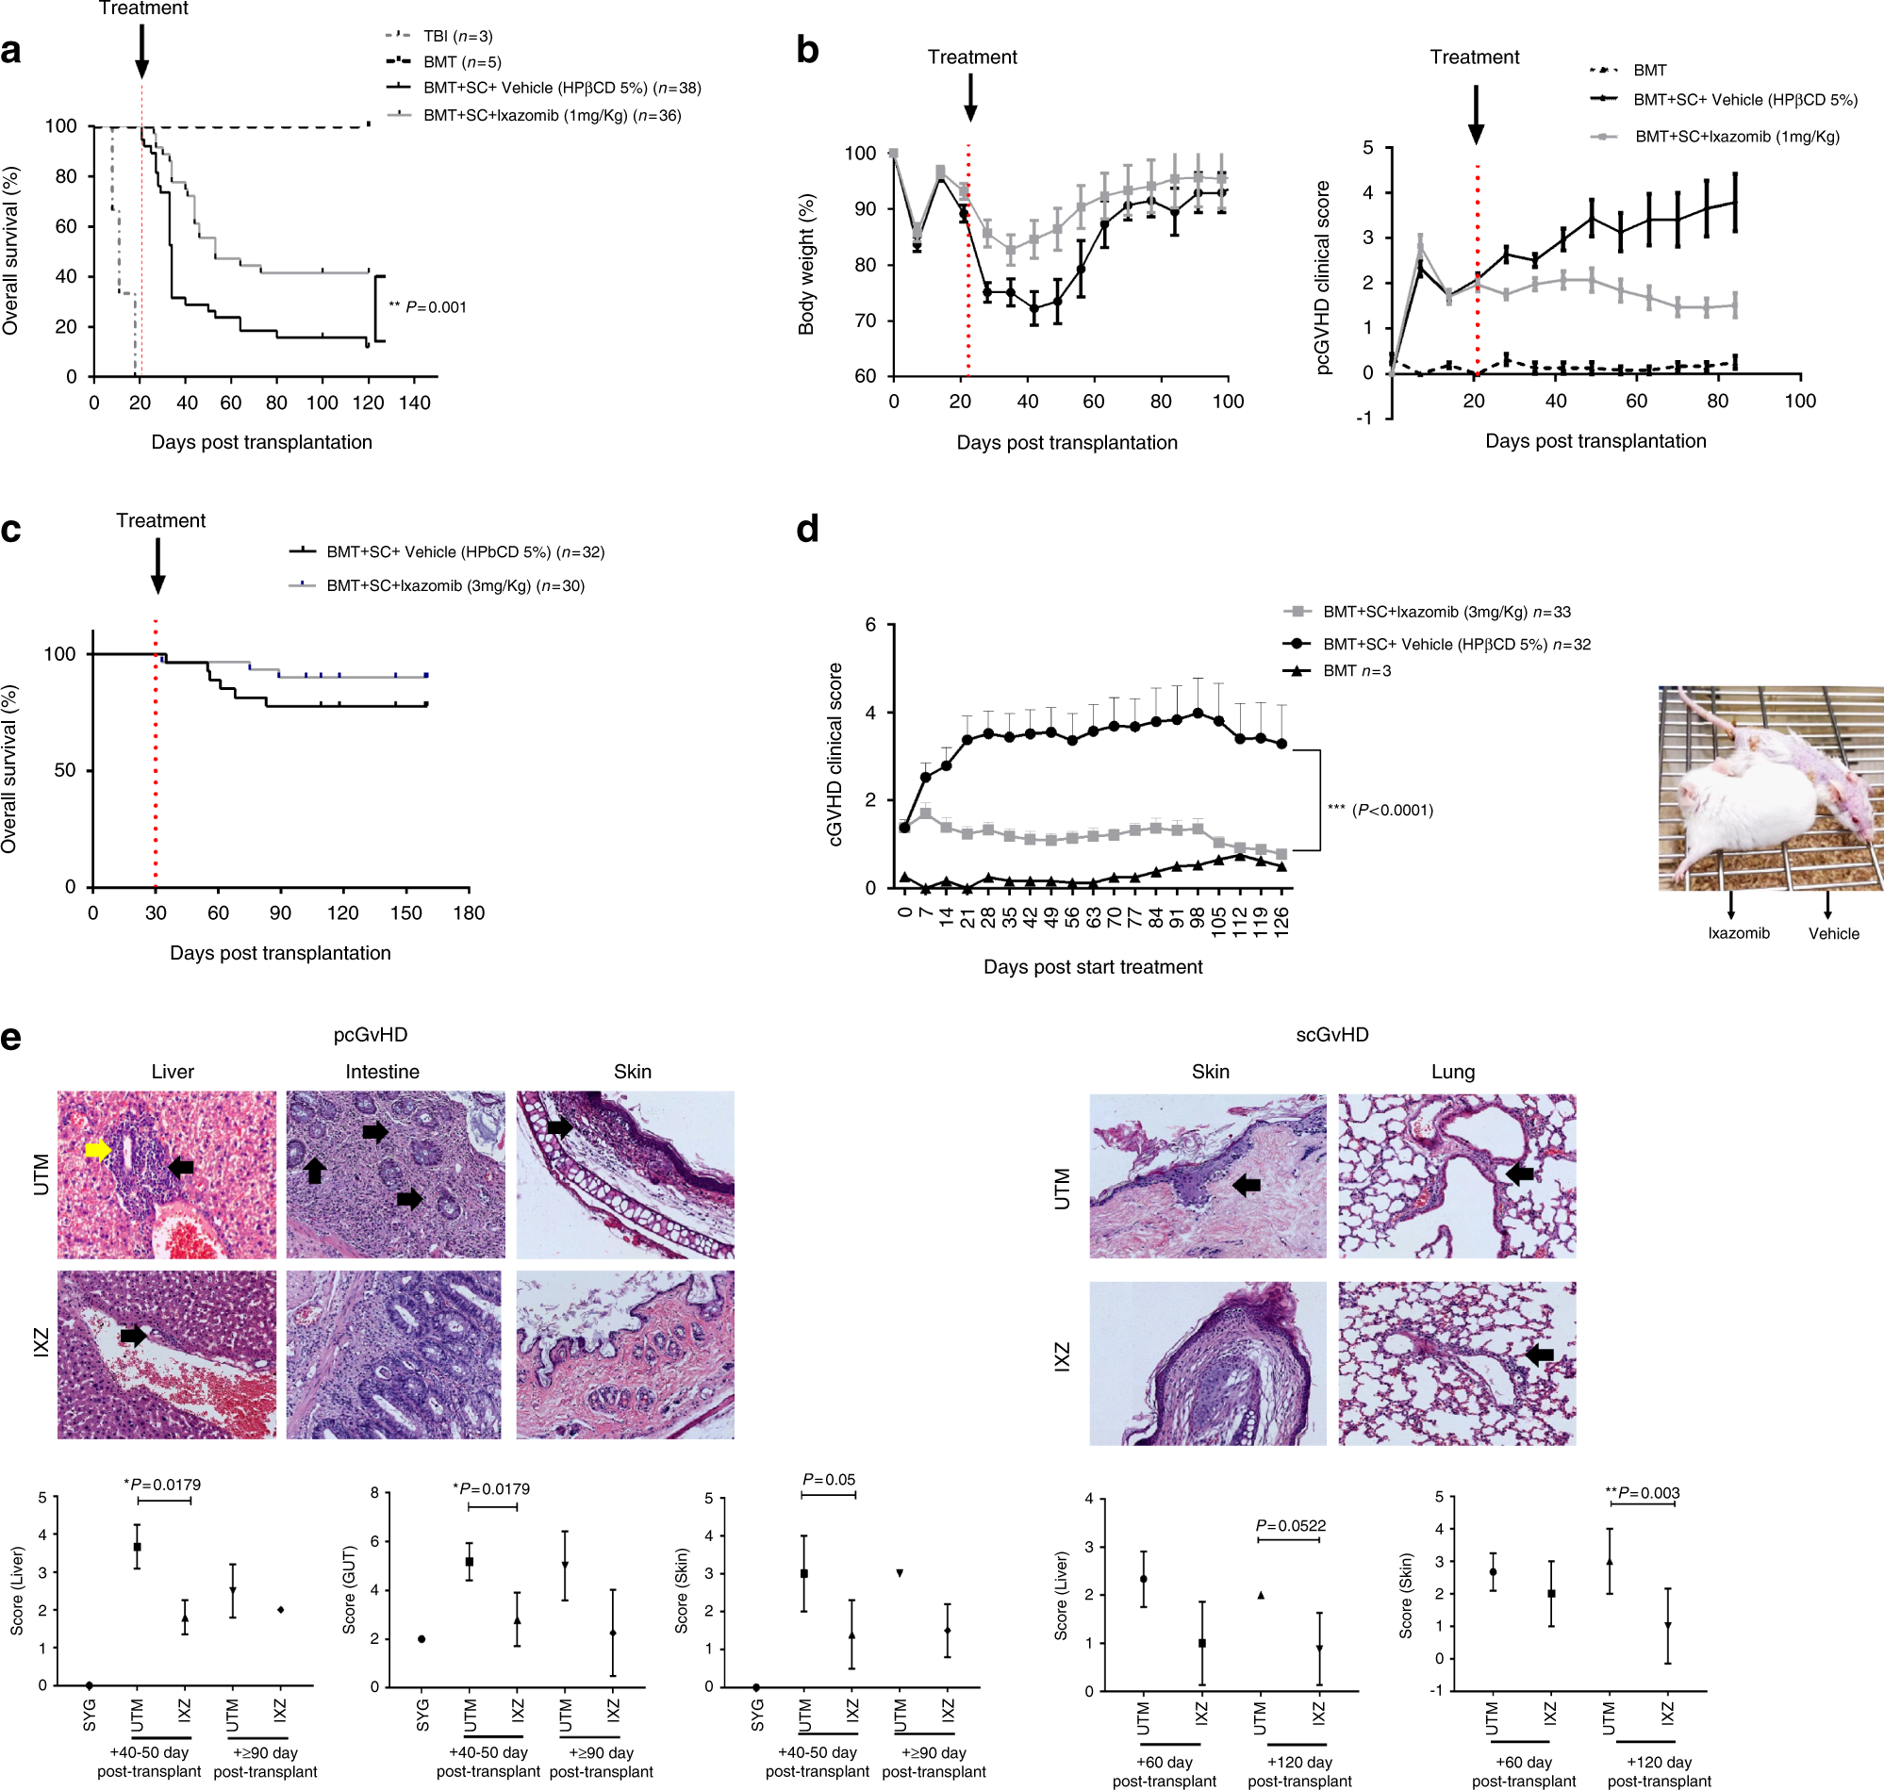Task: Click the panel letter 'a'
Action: pyautogui.click(x=11, y=50)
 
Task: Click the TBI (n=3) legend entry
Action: pyautogui.click(x=456, y=36)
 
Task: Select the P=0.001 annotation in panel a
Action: pyautogui.click(x=427, y=307)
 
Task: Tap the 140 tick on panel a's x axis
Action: pyautogui.click(x=414, y=402)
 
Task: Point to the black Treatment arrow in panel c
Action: pyautogui.click(x=158, y=566)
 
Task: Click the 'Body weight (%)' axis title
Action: pyautogui.click(x=806, y=264)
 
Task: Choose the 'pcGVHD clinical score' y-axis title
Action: pyautogui.click(x=1323, y=278)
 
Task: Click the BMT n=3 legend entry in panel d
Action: pyautogui.click(x=1355, y=671)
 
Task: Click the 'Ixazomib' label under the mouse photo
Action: pyautogui.click(x=1738, y=933)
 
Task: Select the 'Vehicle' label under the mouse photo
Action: pyautogui.click(x=1833, y=933)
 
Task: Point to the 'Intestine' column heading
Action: pyautogui.click(x=382, y=1072)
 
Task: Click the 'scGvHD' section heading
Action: pyautogui.click(x=1331, y=1034)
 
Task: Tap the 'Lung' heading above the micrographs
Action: pyautogui.click(x=1453, y=1072)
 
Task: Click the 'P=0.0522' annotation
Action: pyautogui.click(x=1290, y=1526)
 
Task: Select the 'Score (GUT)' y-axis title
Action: pyautogui.click(x=349, y=1590)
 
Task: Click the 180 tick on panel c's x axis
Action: pyautogui.click(x=469, y=913)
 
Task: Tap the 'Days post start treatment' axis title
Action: pyautogui.click(x=1093, y=966)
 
